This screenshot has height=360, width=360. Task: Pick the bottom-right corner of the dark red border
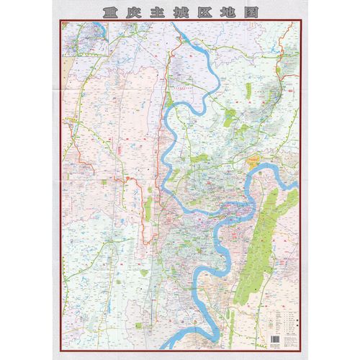point(300,348)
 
